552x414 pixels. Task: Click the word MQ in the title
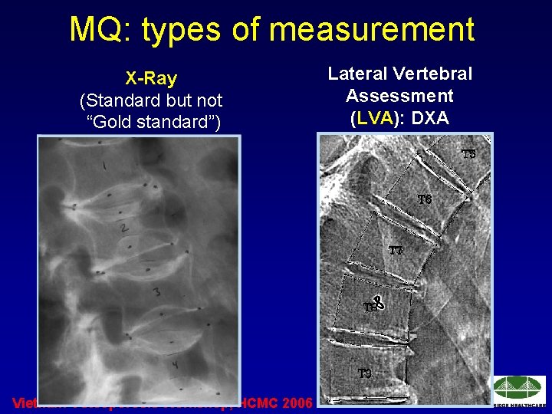91,29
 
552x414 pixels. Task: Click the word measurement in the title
373,29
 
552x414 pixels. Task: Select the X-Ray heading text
151,78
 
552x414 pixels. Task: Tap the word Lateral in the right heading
357,74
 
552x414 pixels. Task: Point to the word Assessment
399,96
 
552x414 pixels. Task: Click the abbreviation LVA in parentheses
374,119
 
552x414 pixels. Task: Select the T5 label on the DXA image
468,154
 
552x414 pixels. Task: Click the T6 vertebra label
424,199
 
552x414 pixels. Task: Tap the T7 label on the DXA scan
396,251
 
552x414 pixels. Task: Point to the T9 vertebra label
366,373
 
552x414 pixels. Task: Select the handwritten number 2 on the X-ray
123,228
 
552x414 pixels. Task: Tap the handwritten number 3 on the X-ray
156,292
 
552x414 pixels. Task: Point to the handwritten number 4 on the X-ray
175,366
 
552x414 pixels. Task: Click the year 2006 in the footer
297,403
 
